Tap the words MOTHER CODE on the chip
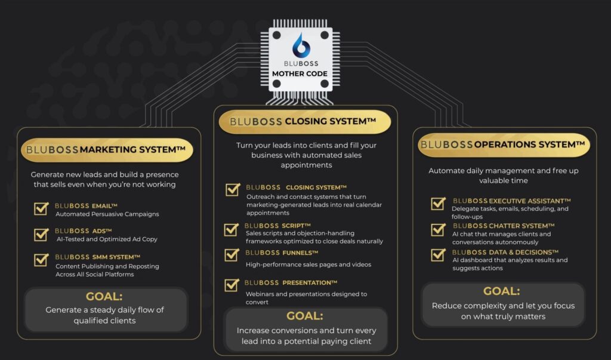click(x=300, y=73)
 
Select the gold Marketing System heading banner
click(x=107, y=150)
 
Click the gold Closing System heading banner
click(x=305, y=122)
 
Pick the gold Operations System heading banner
click(x=504, y=144)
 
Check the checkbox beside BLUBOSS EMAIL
click(x=41, y=209)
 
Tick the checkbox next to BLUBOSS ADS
click(x=41, y=235)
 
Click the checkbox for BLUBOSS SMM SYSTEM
click(x=41, y=260)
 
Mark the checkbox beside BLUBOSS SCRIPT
click(x=232, y=229)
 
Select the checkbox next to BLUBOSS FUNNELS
click(x=232, y=255)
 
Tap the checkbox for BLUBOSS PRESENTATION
click(x=232, y=285)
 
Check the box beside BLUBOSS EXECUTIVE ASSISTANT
click(x=439, y=203)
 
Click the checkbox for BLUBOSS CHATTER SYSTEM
click(x=439, y=229)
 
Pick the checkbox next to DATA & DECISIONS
click(x=439, y=255)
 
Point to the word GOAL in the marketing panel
click(x=104, y=297)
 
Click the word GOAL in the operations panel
click(x=501, y=291)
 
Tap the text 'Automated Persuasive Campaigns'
click(x=107, y=214)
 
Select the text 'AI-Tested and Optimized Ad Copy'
click(x=107, y=239)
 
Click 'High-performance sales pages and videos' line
click(x=308, y=264)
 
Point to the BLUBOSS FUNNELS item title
click(x=282, y=253)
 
